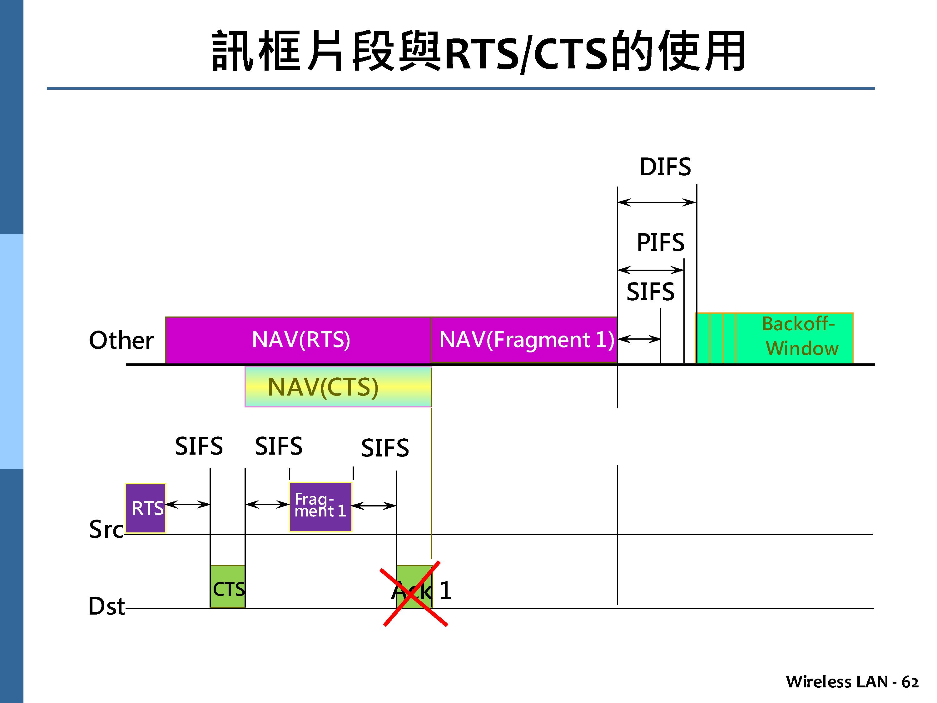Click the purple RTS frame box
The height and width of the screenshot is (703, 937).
coord(146,508)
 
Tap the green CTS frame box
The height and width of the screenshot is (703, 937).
coord(227,587)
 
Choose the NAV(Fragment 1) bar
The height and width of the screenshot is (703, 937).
coord(524,340)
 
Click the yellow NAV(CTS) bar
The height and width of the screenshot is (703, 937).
coord(338,387)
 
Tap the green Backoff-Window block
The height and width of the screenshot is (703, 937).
coord(774,338)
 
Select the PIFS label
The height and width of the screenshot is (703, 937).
coord(660,242)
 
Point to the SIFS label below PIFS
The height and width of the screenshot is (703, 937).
coord(650,292)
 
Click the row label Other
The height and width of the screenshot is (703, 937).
coord(121,340)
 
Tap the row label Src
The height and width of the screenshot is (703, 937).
coord(106,530)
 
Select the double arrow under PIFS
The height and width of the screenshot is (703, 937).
coord(651,270)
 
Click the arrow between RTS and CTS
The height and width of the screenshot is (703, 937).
coord(188,504)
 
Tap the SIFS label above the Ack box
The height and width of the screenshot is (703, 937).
coord(384,448)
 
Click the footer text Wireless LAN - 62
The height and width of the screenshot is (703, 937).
coord(852,682)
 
